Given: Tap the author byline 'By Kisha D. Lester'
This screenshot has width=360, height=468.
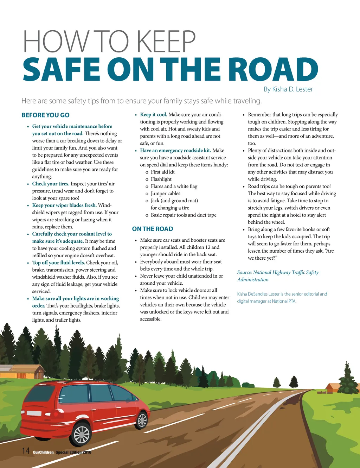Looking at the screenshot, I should click(x=288, y=89).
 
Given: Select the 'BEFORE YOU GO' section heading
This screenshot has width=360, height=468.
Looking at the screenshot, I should click(x=45, y=115).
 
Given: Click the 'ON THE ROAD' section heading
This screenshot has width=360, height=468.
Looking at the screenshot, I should click(x=153, y=229).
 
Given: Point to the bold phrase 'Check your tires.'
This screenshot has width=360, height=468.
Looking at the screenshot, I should click(x=51, y=184).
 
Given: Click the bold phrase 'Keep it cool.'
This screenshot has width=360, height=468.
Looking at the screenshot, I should click(x=154, y=114).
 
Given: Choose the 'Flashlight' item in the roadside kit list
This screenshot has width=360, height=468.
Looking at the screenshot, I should click(x=161, y=179).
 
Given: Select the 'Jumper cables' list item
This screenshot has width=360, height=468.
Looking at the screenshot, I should click(x=165, y=193).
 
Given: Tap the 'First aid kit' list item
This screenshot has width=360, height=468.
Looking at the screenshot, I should click(x=162, y=172).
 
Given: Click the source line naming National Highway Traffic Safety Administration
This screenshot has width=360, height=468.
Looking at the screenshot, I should click(x=278, y=276).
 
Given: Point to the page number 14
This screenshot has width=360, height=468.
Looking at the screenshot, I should click(x=26, y=451).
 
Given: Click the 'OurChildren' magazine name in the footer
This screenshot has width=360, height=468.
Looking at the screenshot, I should click(x=43, y=452).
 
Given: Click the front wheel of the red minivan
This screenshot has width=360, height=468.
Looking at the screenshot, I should click(x=142, y=420).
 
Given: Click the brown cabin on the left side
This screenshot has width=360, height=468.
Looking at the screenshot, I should click(x=25, y=371).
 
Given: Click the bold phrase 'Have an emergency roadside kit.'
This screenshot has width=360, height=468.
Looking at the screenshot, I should click(x=175, y=150).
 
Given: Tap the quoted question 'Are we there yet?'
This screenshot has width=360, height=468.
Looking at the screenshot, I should click(x=290, y=254).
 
